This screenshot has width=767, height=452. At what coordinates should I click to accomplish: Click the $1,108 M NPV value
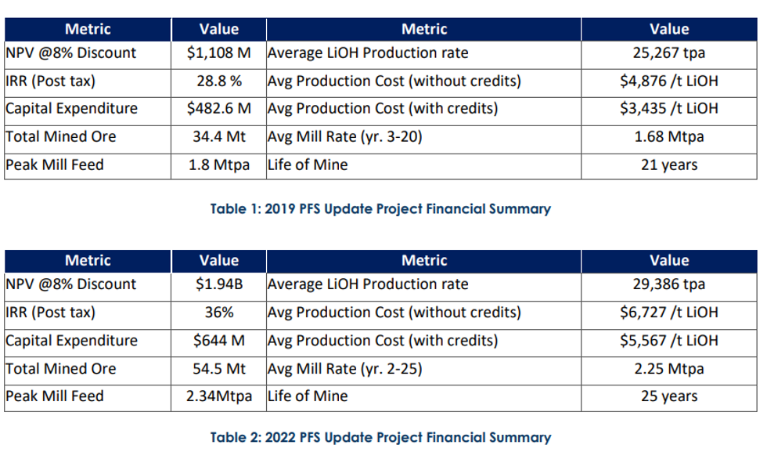click(218, 53)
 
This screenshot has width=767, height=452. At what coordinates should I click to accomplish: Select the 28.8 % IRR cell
click(218, 81)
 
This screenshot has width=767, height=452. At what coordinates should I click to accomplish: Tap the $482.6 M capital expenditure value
click(218, 109)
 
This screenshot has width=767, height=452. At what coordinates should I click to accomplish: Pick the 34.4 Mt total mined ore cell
click(218, 137)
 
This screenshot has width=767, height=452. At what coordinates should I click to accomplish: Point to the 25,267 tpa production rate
click(668, 53)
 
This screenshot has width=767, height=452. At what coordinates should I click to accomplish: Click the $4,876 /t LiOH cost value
click(668, 81)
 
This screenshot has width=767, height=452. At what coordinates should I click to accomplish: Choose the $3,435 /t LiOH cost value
click(668, 109)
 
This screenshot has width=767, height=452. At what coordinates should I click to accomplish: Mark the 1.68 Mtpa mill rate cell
click(668, 137)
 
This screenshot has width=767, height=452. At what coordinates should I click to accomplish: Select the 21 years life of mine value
click(668, 165)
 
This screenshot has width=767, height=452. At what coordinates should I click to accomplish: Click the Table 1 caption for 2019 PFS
click(380, 209)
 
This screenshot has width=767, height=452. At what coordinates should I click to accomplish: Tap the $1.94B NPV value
click(218, 284)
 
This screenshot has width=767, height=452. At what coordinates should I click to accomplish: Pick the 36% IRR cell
click(218, 313)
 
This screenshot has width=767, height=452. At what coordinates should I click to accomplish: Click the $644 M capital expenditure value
click(218, 341)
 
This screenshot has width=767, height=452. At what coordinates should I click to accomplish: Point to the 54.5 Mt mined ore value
click(218, 369)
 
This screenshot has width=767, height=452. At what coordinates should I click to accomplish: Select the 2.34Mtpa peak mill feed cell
click(218, 396)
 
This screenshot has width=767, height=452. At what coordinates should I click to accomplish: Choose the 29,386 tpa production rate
click(668, 284)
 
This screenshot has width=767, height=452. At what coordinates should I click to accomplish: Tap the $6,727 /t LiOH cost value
click(668, 313)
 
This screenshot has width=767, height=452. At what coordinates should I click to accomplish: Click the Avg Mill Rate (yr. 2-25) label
click(344, 369)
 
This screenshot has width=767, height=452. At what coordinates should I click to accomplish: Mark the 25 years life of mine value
click(668, 396)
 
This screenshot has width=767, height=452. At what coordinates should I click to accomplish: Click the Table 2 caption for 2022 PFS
click(380, 438)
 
